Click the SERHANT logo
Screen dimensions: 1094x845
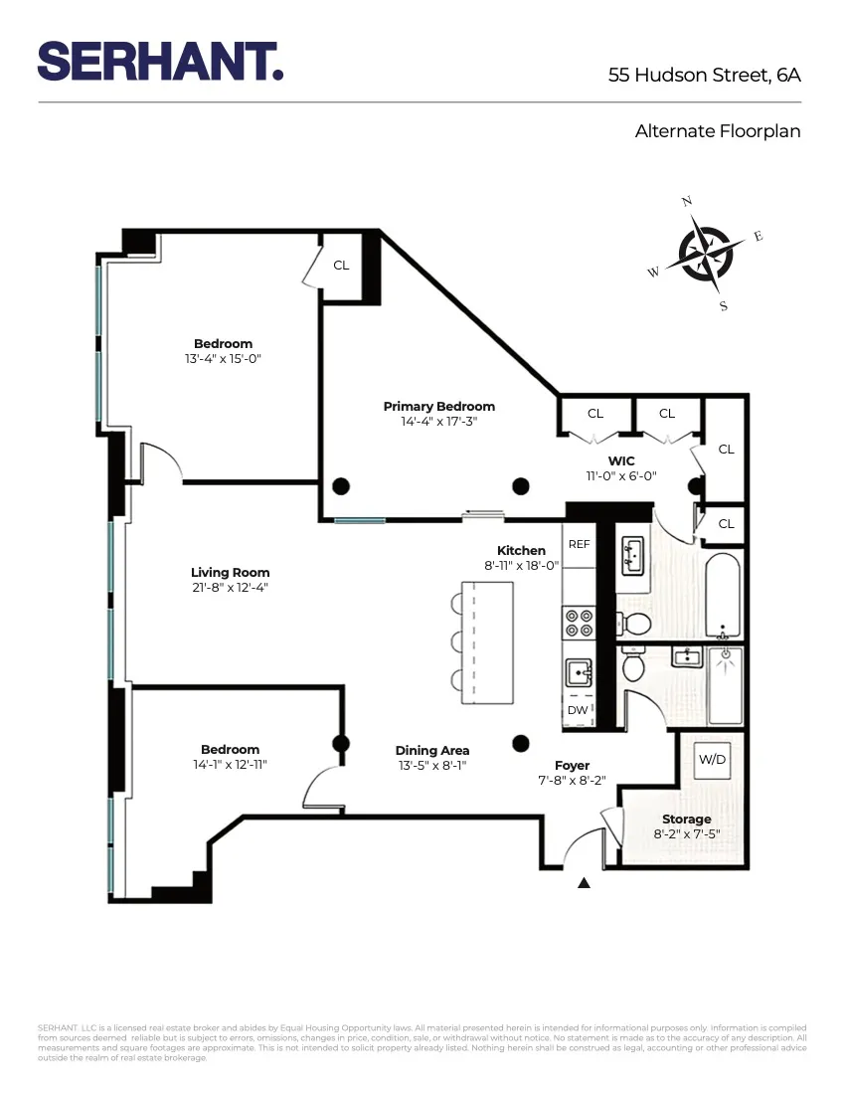click(160, 62)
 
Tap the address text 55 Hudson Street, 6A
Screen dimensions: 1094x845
click(704, 75)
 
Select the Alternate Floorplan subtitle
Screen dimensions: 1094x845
click(718, 130)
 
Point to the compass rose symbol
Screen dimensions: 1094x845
click(705, 254)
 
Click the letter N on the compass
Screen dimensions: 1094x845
click(686, 202)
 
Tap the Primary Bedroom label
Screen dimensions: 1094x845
click(438, 406)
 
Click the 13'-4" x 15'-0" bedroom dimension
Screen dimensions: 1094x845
click(223, 358)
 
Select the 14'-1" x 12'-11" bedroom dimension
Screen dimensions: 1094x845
click(230, 764)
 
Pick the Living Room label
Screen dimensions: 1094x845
click(230, 572)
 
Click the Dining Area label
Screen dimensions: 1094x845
click(431, 750)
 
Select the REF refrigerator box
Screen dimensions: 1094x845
click(579, 545)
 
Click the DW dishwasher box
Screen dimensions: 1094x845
click(578, 710)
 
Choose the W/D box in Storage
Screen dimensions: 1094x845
click(712, 760)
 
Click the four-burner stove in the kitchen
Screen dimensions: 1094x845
click(579, 623)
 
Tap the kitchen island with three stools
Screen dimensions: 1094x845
click(491, 641)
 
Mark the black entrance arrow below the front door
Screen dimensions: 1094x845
click(584, 882)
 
